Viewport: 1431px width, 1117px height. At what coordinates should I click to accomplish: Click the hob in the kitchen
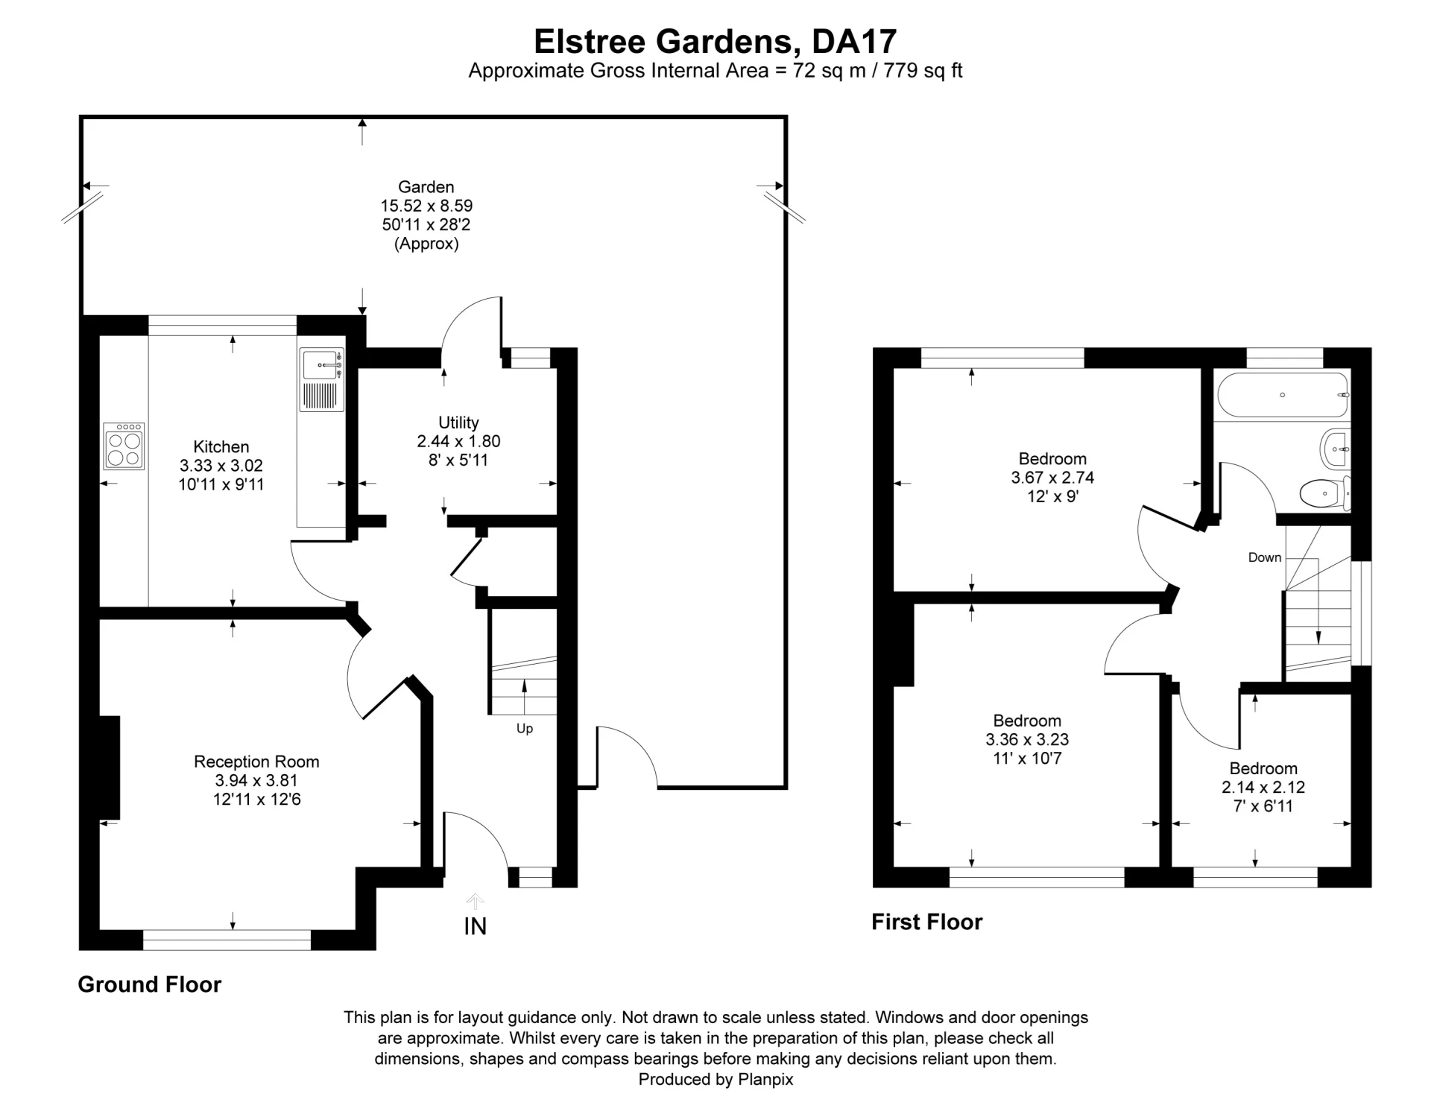(x=124, y=446)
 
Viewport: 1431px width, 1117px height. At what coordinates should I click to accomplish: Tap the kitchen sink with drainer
(x=322, y=380)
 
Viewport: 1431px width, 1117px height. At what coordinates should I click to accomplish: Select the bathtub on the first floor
(x=1283, y=394)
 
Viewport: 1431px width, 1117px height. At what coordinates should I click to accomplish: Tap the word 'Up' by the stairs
(x=525, y=728)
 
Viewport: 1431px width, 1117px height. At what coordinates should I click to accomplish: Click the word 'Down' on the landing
(x=1265, y=557)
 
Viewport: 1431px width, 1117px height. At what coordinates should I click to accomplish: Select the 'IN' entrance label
(x=475, y=926)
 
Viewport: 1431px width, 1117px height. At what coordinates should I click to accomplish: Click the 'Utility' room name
(x=458, y=423)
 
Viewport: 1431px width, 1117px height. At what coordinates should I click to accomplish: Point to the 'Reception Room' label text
(x=256, y=762)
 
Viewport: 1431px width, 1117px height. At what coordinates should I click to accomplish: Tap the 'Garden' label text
(x=426, y=187)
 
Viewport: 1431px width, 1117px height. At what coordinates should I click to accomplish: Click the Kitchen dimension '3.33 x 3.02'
(x=221, y=466)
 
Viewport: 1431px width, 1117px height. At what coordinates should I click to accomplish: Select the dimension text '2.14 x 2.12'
(x=1263, y=787)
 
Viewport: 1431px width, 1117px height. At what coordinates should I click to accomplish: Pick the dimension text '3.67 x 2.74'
(x=1052, y=478)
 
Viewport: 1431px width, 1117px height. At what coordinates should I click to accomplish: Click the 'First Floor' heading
(x=927, y=922)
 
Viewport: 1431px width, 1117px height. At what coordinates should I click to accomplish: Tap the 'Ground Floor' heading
(x=150, y=984)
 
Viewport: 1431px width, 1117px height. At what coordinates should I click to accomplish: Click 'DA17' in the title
(x=854, y=42)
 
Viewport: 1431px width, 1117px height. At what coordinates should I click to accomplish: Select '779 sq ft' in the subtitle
(x=923, y=71)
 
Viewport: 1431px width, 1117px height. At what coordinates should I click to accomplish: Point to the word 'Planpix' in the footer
(x=765, y=1079)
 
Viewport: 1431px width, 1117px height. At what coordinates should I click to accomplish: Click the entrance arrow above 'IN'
(x=475, y=901)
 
